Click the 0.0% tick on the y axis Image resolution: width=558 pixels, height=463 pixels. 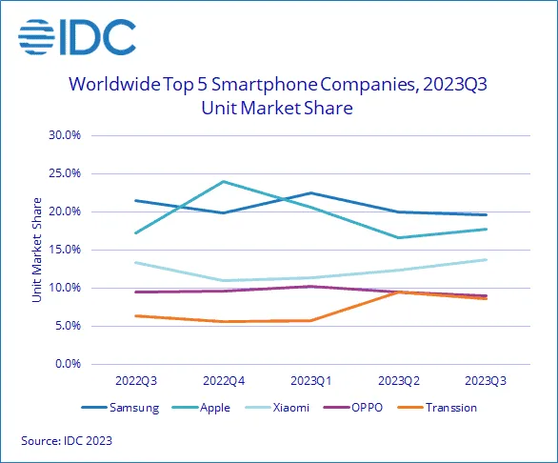[71, 364]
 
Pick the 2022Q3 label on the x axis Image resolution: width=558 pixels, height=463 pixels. [136, 382]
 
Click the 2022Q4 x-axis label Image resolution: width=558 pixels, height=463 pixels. [224, 382]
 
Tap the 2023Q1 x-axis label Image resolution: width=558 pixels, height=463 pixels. [311, 382]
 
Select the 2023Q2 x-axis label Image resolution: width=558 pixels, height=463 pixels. [399, 382]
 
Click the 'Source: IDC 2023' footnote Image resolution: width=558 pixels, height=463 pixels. [67, 442]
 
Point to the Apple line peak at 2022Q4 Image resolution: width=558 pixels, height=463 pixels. [224, 181]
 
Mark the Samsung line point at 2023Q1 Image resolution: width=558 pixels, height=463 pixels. [311, 192]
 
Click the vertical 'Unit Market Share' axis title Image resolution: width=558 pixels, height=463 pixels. [36, 250]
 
